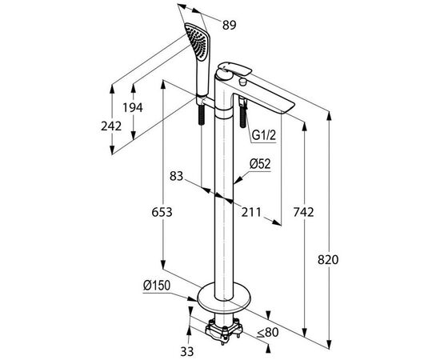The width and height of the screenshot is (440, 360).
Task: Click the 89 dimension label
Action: click(230, 25)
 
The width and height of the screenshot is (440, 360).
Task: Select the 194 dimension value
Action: click(133, 107)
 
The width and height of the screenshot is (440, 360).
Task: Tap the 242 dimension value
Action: click(111, 126)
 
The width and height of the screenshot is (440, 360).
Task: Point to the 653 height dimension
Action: click(162, 212)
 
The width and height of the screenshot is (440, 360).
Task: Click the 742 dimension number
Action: click(304, 212)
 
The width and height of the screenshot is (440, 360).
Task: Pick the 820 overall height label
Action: click(328, 260)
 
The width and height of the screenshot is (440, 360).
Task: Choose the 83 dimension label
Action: click(177, 176)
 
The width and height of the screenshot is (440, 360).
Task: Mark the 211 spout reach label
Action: click(251, 212)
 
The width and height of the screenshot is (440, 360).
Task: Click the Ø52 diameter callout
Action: click(260, 164)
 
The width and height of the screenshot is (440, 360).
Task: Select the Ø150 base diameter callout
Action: click(157, 286)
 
